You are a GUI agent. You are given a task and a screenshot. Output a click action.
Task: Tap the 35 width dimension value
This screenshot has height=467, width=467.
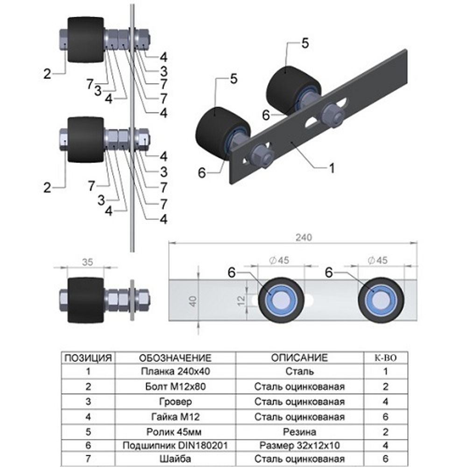87,262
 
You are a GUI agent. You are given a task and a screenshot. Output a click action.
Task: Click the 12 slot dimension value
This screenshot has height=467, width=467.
239,298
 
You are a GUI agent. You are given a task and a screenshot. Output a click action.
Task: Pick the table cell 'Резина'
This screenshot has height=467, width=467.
299,431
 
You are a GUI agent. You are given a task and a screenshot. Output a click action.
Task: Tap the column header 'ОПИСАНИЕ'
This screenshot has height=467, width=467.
299,358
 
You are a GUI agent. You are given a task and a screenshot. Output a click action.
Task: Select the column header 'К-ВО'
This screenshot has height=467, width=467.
385,358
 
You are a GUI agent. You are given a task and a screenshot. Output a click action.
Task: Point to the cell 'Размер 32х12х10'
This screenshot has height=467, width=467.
299,446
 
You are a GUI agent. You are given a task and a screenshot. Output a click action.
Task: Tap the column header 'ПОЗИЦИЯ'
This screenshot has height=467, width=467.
87,358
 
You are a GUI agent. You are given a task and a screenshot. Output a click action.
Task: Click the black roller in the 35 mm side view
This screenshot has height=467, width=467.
85,300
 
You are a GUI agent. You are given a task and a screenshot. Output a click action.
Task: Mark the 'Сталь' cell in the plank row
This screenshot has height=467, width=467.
299,372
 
